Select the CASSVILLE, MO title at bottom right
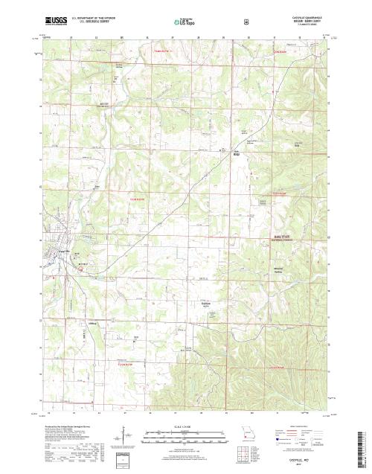point(303,461)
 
